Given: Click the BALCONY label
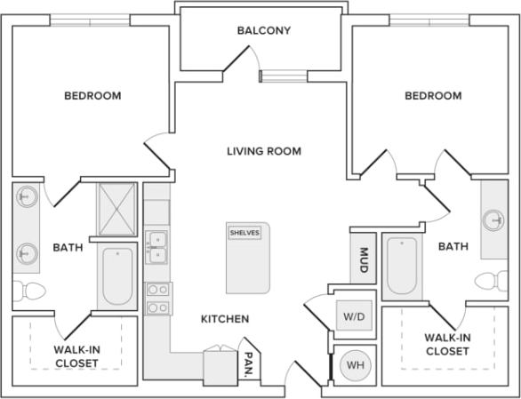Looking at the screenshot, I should [264, 30].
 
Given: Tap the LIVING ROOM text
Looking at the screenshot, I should [264, 151].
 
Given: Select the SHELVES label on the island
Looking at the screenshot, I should [244, 232].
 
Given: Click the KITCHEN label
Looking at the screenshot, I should [224, 318].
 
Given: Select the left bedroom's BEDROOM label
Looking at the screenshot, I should [92, 95].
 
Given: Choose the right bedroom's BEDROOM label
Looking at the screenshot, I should [432, 95].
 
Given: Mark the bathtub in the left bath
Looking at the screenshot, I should [116, 275].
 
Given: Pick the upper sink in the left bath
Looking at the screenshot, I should [27, 196].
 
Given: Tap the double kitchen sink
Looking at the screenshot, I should [156, 248].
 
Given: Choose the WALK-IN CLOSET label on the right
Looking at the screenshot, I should [446, 344].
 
